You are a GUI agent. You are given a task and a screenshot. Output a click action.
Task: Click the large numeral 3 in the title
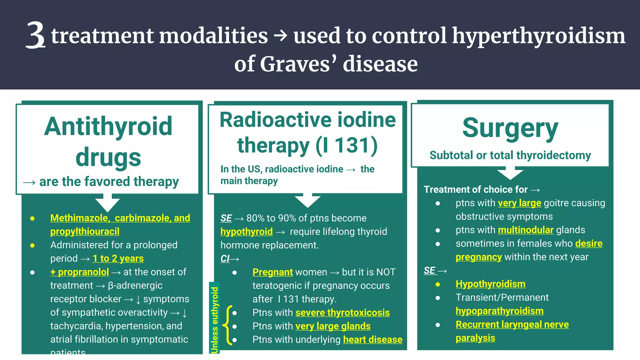coord(36,35)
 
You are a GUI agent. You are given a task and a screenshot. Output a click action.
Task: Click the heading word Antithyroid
coord(108,126)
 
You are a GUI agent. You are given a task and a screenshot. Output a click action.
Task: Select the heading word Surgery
coord(510,128)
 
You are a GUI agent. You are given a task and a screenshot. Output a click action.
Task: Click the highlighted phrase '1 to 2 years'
coord(118,258)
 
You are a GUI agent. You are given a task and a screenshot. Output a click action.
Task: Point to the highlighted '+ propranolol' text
coord(80,272)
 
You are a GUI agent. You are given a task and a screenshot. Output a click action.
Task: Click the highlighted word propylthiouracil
coord(85,231)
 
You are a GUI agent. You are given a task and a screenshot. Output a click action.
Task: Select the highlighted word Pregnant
coord(272,272)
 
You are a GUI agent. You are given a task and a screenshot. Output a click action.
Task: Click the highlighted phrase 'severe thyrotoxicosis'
coord(342,312)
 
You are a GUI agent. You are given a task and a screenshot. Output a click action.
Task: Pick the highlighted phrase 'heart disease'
coord(372,339)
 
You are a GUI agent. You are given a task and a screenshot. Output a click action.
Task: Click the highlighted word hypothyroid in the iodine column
coord(246,232)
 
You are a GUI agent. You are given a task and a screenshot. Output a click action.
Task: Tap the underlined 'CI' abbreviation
coord(225,259)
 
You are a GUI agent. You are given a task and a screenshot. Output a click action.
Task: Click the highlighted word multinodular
coord(526,230)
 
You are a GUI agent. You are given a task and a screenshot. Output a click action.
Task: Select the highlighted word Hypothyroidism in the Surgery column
coord(490,284)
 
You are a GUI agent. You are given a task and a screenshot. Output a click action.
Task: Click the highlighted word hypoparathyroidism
coord(499,311)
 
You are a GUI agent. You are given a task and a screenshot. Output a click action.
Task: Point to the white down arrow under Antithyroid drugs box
coord(107,203)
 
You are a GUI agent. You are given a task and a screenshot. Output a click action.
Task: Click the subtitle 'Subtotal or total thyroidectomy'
coord(510,155)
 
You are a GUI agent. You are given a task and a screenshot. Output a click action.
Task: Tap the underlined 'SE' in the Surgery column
coord(429,270)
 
